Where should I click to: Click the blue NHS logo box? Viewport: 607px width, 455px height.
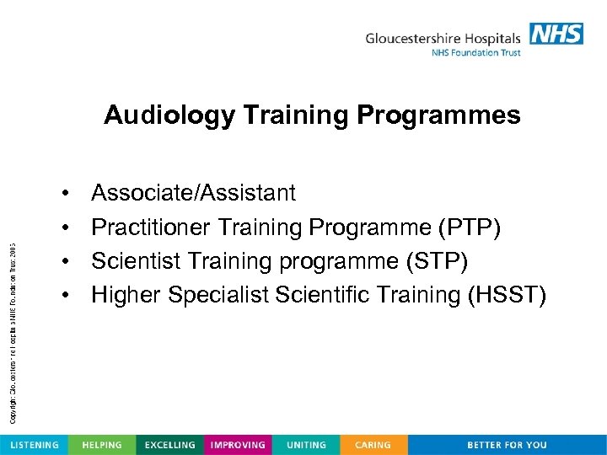pyautogui.click(x=556, y=34)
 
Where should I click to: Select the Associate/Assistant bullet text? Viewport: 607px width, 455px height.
pyautogui.click(x=193, y=193)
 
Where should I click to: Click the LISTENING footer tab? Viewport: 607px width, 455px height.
pyautogui.click(x=34, y=445)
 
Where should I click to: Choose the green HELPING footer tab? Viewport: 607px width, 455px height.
pyautogui.click(x=101, y=445)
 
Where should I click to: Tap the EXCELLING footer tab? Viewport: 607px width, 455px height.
pyautogui.click(x=169, y=445)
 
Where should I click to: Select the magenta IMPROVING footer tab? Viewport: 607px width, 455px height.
pyautogui.click(x=238, y=445)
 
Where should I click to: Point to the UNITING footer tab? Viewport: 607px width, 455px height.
pyautogui.click(x=306, y=445)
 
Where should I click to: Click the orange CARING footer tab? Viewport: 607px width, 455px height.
pyautogui.click(x=373, y=445)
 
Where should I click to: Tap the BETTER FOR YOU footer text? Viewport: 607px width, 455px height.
pyautogui.click(x=507, y=445)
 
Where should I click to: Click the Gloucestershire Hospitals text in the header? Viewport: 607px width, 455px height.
pyautogui.click(x=443, y=38)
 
